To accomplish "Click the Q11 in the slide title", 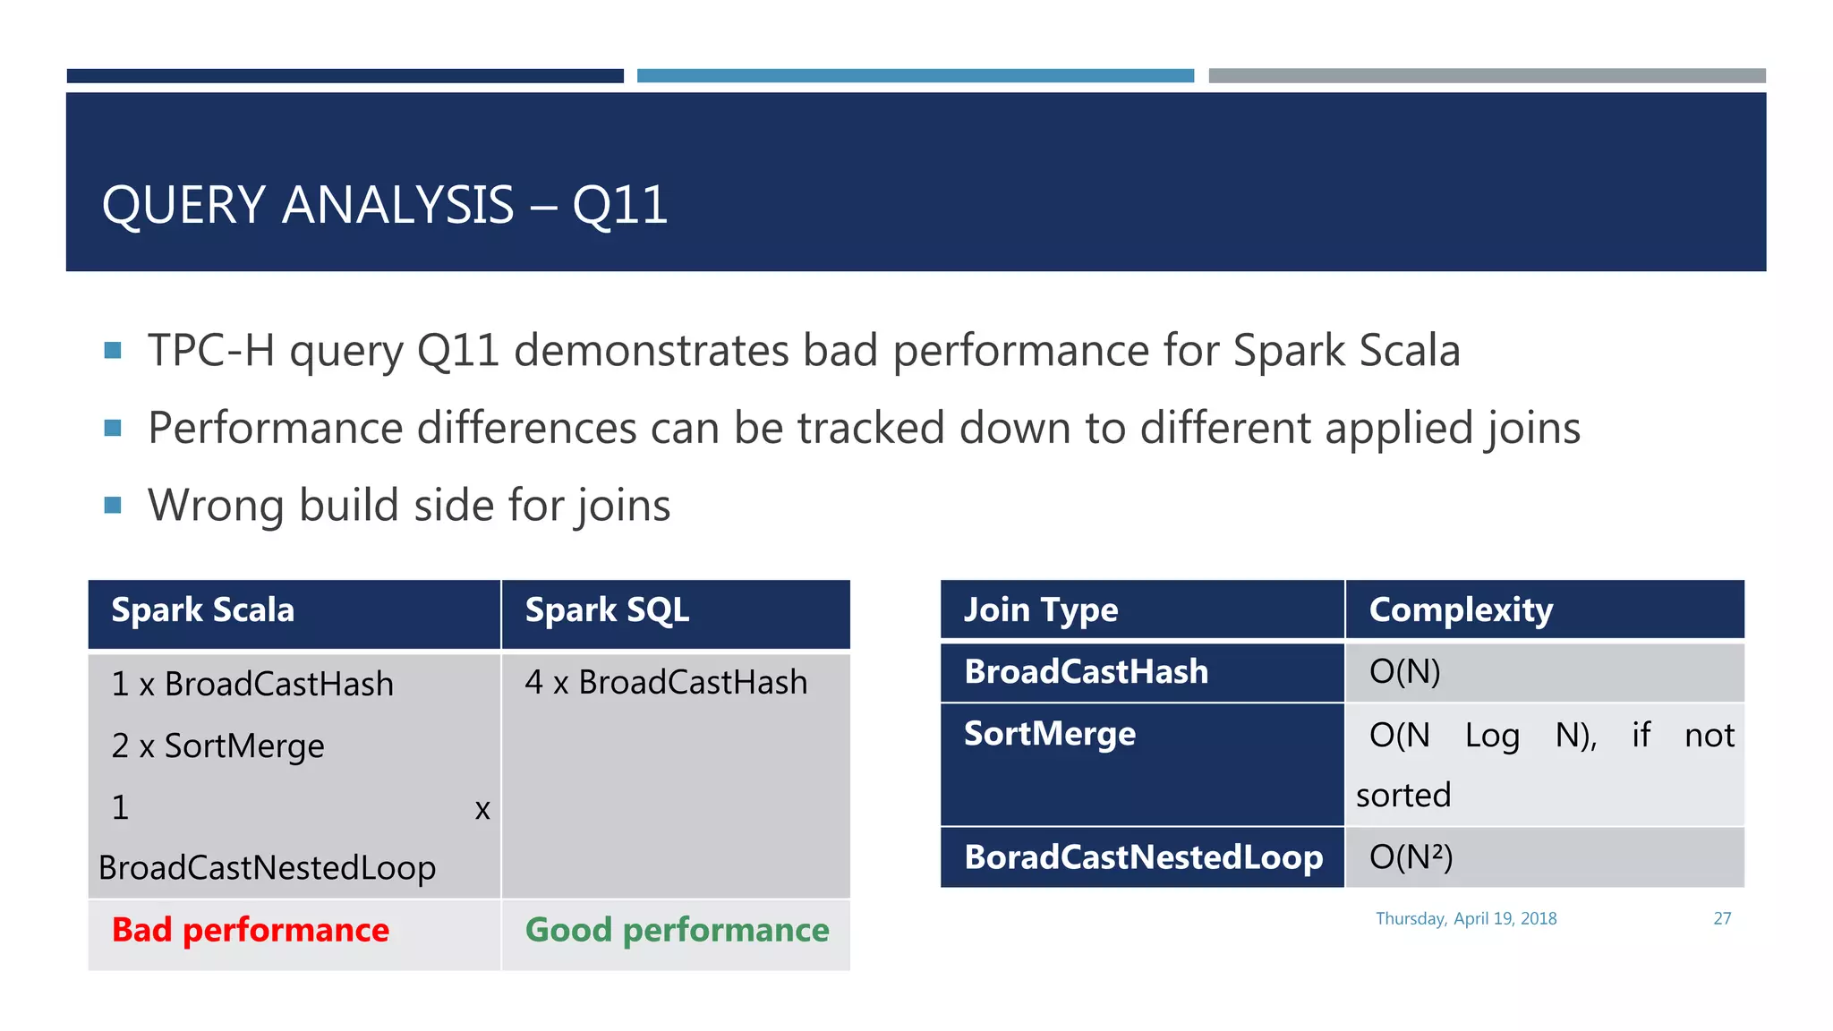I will (x=619, y=205).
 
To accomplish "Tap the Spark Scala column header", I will (x=203, y=610).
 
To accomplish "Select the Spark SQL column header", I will (x=607, y=610).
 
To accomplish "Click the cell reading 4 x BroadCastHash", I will (x=666, y=683).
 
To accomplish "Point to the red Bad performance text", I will (x=251, y=931).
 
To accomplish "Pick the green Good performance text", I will (x=677, y=931).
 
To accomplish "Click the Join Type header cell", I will (x=1041, y=610).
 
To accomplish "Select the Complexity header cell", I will (x=1461, y=610).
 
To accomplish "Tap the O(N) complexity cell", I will (x=1404, y=671).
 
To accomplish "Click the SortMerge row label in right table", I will (x=1050, y=734).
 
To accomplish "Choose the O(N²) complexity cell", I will (x=1411, y=857).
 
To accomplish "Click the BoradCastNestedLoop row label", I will (x=1143, y=857).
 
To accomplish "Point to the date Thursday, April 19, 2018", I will (x=1466, y=919).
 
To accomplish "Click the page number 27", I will (x=1722, y=919).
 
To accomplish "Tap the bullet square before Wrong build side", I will (x=113, y=506).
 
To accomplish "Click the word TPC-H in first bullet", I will (x=211, y=351).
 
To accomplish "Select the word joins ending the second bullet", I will (x=1531, y=429).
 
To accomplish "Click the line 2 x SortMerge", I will (x=217, y=746).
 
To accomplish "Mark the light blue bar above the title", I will (x=915, y=76).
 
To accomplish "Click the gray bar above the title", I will (x=1487, y=76).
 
